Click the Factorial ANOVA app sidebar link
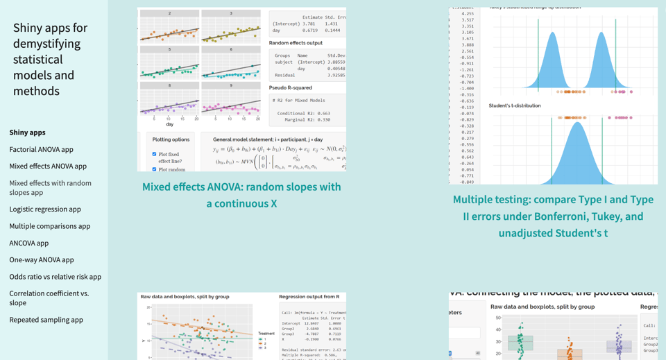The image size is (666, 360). pyautogui.click(x=41, y=149)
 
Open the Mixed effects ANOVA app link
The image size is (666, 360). pyautogui.click(x=48, y=166)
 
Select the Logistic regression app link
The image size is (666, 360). pyautogui.click(x=45, y=209)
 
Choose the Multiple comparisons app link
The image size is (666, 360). pyautogui.click(x=49, y=225)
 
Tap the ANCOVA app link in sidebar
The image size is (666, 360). pyautogui.click(x=28, y=243)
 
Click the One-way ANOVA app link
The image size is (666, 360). pyautogui.click(x=41, y=259)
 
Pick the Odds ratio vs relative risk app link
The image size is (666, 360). pyautogui.click(x=55, y=276)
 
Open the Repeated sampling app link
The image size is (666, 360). pyautogui.click(x=46, y=319)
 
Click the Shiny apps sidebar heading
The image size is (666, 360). pyautogui.click(x=27, y=132)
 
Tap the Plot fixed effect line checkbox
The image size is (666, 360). pyautogui.click(x=154, y=154)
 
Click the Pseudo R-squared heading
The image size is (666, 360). pyautogui.click(x=290, y=88)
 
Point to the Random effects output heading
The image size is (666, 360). pyautogui.click(x=296, y=43)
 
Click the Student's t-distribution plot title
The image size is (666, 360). pyautogui.click(x=514, y=105)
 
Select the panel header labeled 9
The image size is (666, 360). pyautogui.click(x=231, y=85)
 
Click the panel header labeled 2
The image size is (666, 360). pyautogui.click(x=169, y=13)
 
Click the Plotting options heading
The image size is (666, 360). pyautogui.click(x=171, y=139)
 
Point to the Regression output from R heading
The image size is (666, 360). pyautogui.click(x=309, y=296)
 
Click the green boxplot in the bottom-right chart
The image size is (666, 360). pyautogui.click(x=520, y=343)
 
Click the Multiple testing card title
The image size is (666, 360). pyautogui.click(x=553, y=216)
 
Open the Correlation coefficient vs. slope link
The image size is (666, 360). pyautogui.click(x=49, y=298)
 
